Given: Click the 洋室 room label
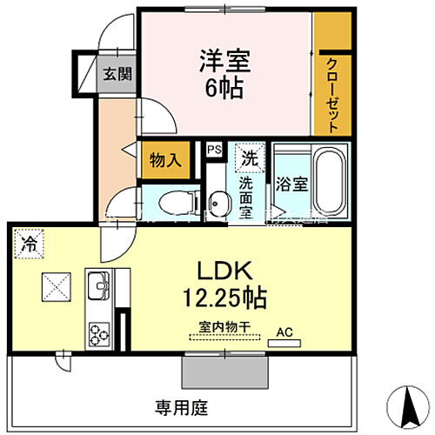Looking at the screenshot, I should pyautogui.click(x=224, y=61).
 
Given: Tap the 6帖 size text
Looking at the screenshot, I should pyautogui.click(x=224, y=89).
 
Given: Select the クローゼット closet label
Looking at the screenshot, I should pyautogui.click(x=333, y=93).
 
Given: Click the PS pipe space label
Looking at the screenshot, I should pyautogui.click(x=214, y=150).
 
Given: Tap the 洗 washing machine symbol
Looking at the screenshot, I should pyautogui.click(x=250, y=159).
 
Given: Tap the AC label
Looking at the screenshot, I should pyautogui.click(x=284, y=331).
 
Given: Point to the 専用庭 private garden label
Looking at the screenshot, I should pyautogui.click(x=181, y=406).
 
